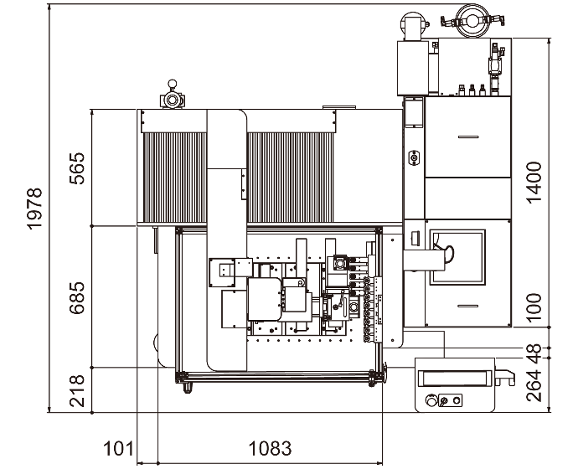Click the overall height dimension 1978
tap(34, 209)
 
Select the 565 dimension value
tap(77, 168)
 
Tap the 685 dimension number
tap(77, 297)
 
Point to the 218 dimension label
tap(77, 391)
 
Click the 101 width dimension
tap(118, 449)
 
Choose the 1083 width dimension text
tap(271, 449)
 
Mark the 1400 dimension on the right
tap(534, 182)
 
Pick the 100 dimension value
tap(534, 307)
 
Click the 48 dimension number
tap(534, 348)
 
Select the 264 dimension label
tap(534, 385)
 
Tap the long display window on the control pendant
tap(455, 378)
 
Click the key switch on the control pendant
tap(443, 401)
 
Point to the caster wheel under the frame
tap(188, 389)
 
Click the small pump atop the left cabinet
tap(172, 95)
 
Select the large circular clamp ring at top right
tap(472, 21)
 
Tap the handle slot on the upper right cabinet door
tap(468, 137)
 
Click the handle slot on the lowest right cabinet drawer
tap(468, 306)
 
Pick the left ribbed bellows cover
tap(175, 178)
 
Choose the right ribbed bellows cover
tap(291, 178)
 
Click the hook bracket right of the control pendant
tap(505, 377)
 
